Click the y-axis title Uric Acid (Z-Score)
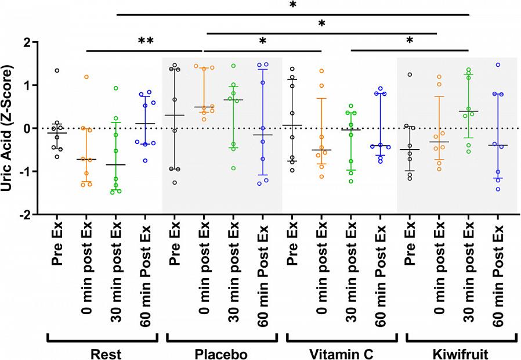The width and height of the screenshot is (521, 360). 10,128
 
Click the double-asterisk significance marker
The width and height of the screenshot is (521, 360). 145,41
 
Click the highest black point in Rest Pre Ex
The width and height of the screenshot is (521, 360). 57,71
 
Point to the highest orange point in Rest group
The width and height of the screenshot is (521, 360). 86,77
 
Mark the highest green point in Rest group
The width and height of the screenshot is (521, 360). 116,88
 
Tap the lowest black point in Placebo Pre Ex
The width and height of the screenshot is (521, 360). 175,182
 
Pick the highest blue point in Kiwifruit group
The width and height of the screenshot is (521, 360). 497,65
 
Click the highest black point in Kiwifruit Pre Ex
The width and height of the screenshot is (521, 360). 409,75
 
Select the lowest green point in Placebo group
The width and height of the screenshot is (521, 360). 234,168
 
